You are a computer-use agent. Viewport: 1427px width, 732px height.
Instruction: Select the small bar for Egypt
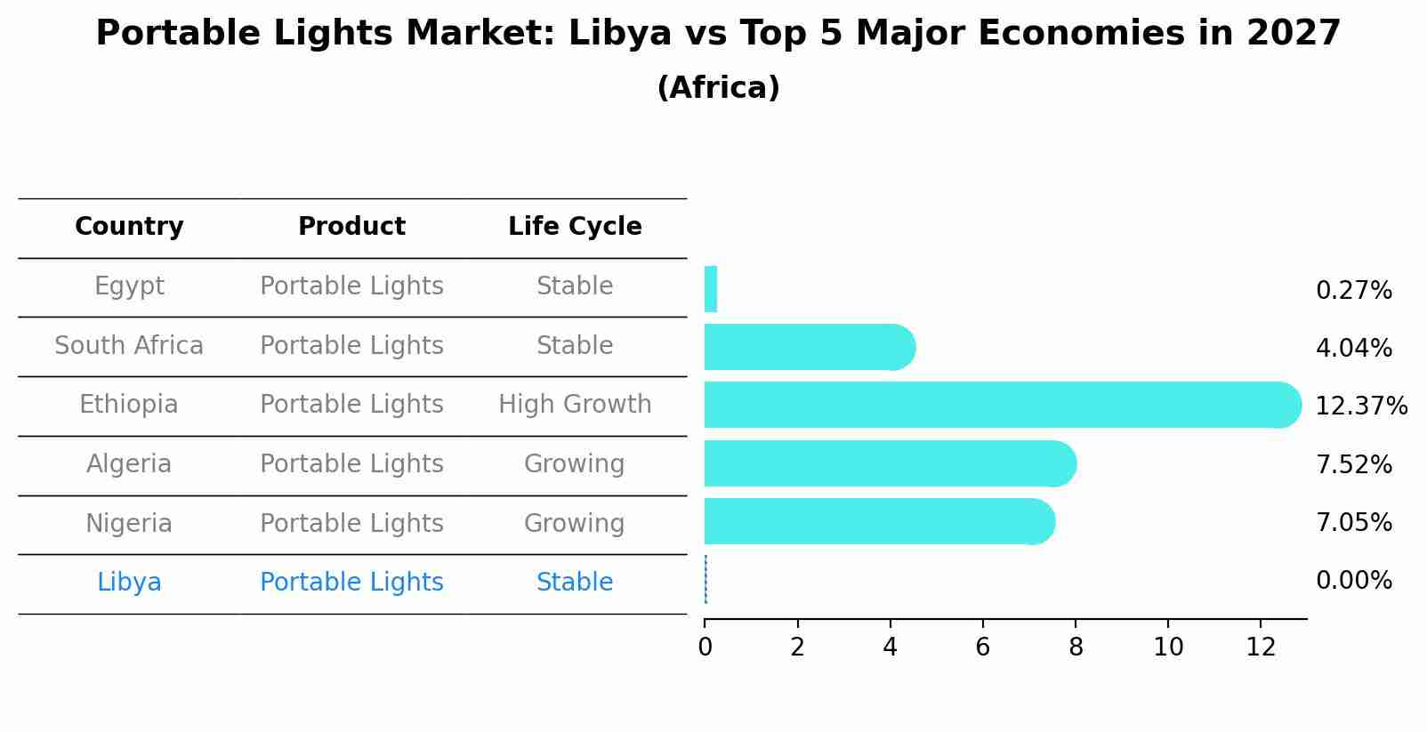click(x=710, y=289)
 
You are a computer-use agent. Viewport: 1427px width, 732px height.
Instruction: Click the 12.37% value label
click(x=1360, y=406)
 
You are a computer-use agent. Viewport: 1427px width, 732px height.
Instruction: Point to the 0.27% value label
click(x=1353, y=291)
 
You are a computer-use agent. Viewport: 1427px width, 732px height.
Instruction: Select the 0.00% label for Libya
click(x=1353, y=581)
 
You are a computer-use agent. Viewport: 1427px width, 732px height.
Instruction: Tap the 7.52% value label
click(x=1353, y=464)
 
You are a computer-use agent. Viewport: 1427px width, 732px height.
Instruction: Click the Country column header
click(x=129, y=227)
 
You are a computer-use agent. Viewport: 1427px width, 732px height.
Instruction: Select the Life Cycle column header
click(x=575, y=227)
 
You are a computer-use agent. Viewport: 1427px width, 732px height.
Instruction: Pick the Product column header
click(x=351, y=227)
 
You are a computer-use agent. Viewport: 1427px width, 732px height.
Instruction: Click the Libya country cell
click(x=129, y=583)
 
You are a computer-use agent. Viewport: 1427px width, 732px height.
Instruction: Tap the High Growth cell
click(x=575, y=405)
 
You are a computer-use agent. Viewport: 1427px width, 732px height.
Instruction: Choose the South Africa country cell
click(x=129, y=346)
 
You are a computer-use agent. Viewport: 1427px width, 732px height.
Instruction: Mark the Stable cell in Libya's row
click(x=575, y=583)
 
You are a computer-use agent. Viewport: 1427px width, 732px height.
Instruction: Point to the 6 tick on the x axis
click(x=982, y=648)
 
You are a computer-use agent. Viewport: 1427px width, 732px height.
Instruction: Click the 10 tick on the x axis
click(x=1168, y=648)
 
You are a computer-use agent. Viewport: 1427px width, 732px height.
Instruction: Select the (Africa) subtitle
click(x=718, y=88)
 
